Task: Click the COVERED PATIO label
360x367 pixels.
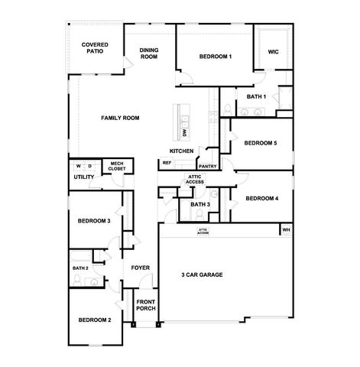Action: click(x=95, y=50)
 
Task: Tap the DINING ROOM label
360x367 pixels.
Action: click(x=148, y=54)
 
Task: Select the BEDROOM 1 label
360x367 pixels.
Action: click(x=216, y=57)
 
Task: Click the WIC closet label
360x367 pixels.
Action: click(x=272, y=52)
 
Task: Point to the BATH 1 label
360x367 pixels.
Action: click(x=256, y=97)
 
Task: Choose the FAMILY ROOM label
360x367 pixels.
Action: click(x=121, y=118)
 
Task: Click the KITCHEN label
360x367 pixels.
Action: click(x=181, y=151)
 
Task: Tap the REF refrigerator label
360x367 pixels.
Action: click(x=167, y=163)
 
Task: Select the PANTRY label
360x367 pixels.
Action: click(x=207, y=166)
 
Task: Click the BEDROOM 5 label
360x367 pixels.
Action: click(x=261, y=143)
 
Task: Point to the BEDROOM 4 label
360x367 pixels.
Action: click(x=261, y=199)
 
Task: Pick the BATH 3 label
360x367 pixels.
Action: click(x=199, y=205)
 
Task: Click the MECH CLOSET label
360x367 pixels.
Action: click(x=117, y=165)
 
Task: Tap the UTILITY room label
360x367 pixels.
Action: click(x=84, y=177)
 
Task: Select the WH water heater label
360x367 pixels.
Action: click(x=286, y=230)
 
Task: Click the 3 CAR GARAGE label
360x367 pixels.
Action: click(x=202, y=274)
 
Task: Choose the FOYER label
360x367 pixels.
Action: click(x=140, y=268)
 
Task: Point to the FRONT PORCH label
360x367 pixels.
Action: click(x=146, y=306)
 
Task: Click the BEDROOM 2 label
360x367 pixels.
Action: click(x=94, y=319)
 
